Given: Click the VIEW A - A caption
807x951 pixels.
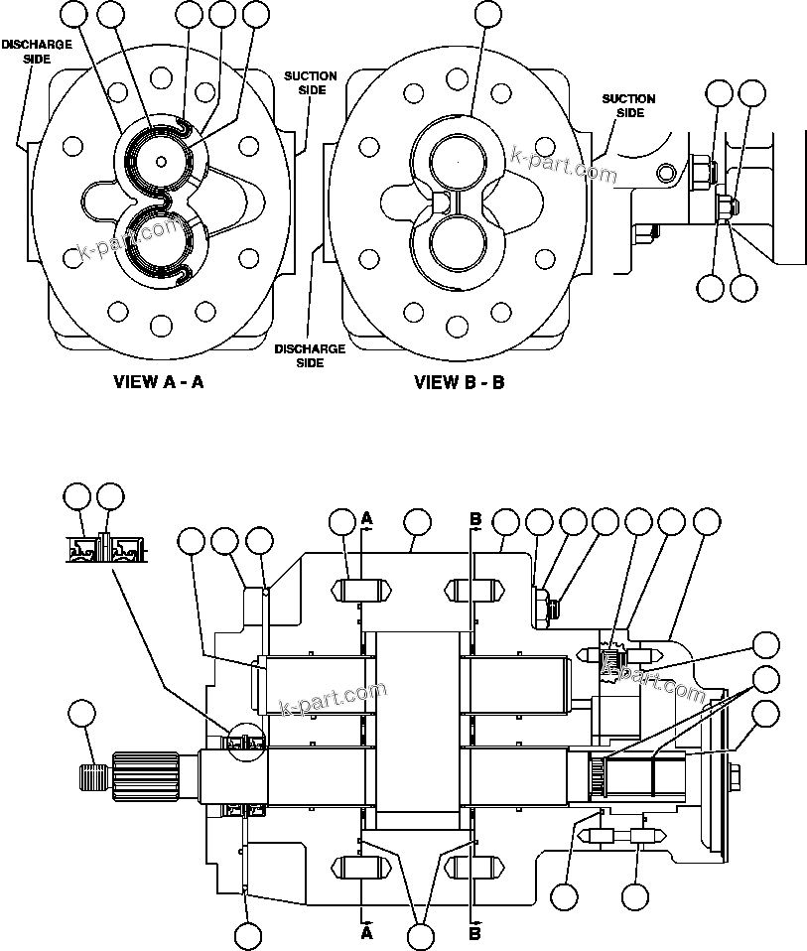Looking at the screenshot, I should coord(159,381).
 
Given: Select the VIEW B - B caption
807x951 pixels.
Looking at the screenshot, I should coord(459,381).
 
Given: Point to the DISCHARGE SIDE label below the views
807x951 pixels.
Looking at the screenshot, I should coord(310,355).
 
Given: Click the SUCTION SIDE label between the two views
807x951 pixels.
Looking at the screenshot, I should coord(310,82).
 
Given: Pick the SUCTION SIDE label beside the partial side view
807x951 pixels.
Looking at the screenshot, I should coord(629,105).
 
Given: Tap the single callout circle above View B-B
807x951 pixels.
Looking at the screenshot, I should coord(487,14).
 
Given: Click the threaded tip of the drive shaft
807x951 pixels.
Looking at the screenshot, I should coord(92,773).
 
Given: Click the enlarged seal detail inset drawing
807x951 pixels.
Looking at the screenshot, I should coord(105,547).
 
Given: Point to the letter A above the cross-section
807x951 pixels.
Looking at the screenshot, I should coord(366,518).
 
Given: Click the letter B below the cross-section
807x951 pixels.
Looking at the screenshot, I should coord(474,933).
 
